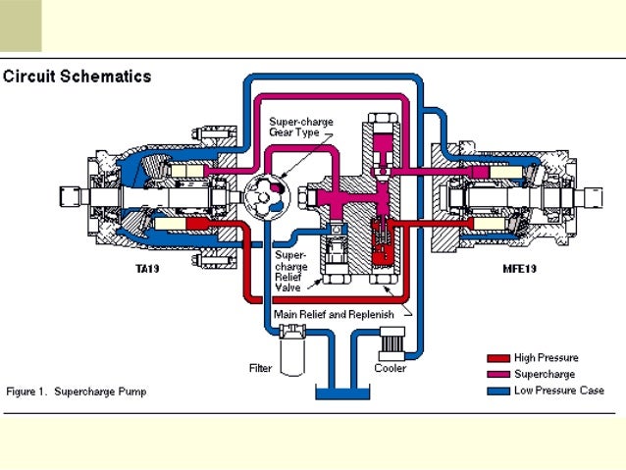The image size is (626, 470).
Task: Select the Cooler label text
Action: point(391,368)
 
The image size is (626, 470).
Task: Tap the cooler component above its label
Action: point(391,345)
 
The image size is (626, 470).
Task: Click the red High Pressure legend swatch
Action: point(499,358)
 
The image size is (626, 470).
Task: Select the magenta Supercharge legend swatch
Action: point(499,374)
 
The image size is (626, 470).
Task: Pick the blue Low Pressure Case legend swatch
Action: point(499,390)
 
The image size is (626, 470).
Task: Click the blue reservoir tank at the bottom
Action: point(341,392)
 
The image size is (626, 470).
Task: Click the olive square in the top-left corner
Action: point(21,26)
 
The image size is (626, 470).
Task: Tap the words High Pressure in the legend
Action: point(546,358)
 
